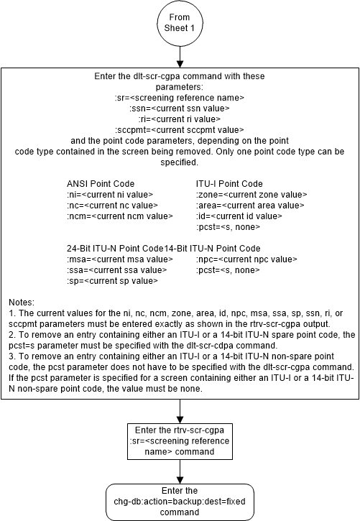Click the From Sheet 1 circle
179,22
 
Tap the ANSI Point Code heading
101,183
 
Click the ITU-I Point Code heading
229,183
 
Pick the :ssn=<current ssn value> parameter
180,108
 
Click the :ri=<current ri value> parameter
180,119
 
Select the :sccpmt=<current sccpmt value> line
180,129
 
